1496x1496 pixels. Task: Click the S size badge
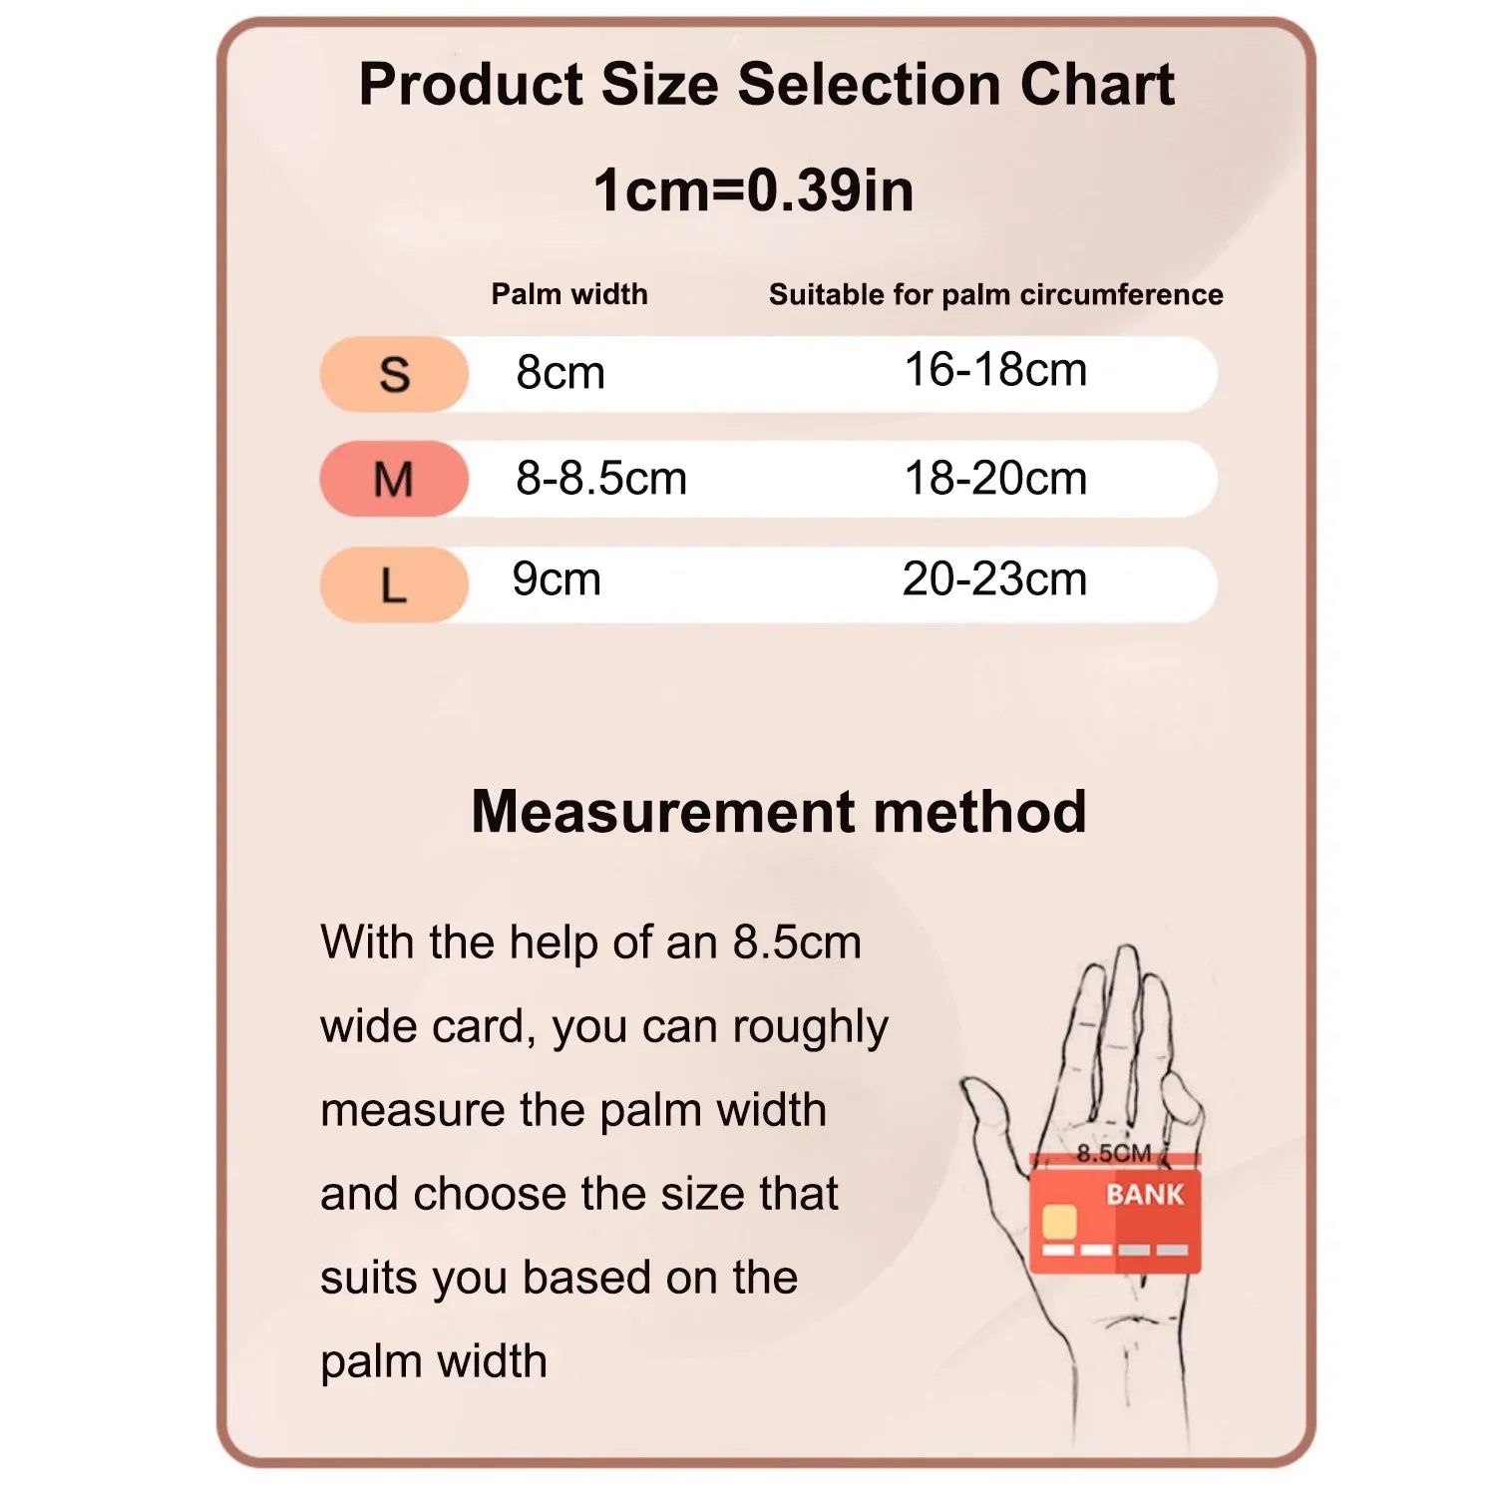pos(394,374)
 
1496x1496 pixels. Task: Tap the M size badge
pos(394,479)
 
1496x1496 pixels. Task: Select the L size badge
pos(394,584)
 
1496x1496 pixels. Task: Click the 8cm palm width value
pos(561,373)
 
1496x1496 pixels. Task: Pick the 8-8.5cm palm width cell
pos(601,479)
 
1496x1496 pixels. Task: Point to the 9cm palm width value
pos(557,579)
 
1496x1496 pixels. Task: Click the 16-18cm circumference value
pos(995,370)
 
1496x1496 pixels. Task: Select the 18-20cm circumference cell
pos(995,479)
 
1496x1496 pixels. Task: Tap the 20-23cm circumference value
pos(994,579)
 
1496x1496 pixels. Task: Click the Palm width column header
pos(569,294)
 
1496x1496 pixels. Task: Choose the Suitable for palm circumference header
pos(995,294)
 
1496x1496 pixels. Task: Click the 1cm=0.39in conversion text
pos(754,189)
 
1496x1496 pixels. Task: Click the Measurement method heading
pos(779,811)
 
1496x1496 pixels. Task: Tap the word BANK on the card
pos(1145,1194)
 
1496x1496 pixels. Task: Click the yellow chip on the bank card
pos(1059,1221)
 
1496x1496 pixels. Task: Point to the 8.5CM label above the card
pos(1114,1153)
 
